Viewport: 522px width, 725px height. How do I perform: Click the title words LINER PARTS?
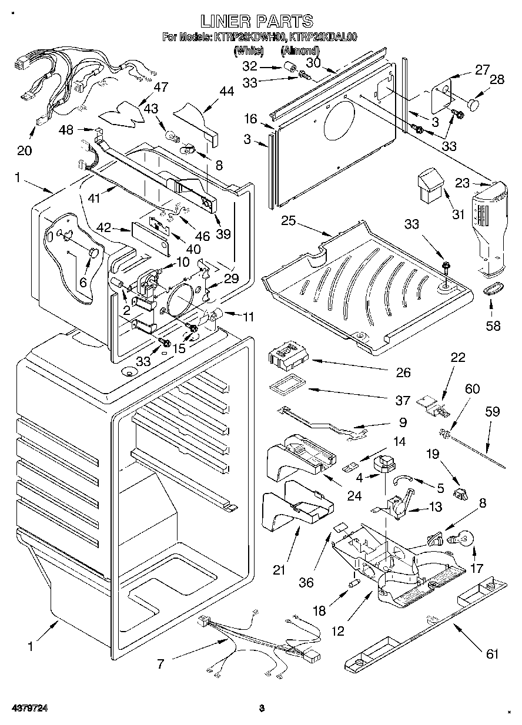pyautogui.click(x=257, y=21)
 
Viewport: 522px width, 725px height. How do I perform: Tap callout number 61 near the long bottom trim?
pyautogui.click(x=491, y=654)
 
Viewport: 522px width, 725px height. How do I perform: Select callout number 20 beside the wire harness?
pyautogui.click(x=24, y=150)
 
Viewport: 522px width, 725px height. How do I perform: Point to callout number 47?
pyautogui.click(x=160, y=87)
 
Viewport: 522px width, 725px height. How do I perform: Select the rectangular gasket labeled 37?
pyautogui.click(x=285, y=388)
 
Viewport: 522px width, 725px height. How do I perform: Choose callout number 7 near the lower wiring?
pyautogui.click(x=160, y=665)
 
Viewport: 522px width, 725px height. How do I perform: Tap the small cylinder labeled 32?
pyautogui.click(x=289, y=67)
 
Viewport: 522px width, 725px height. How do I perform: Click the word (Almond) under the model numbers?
pyautogui.click(x=304, y=51)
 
